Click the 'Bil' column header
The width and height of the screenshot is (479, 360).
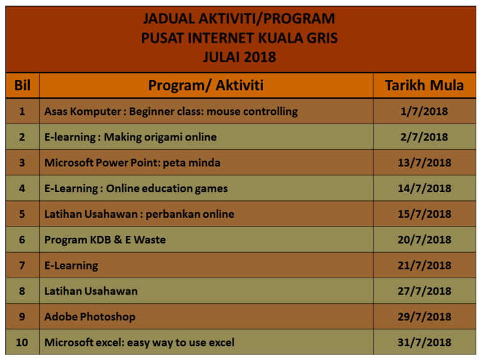pos(22,85)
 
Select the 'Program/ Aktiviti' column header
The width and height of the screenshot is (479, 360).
pos(206,85)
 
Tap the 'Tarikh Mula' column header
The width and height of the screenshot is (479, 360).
pos(424,85)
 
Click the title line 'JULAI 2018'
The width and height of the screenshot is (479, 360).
pos(239,57)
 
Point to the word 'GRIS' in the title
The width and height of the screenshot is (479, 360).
pos(322,38)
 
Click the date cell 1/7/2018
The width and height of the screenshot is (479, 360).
pos(424,112)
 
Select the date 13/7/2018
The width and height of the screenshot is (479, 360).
pos(424,163)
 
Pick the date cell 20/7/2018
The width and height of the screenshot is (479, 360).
pos(424,240)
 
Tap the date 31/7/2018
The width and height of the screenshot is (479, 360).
pos(424,342)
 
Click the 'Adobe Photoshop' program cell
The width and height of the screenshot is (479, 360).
pos(90,316)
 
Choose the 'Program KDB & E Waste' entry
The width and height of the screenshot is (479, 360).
pos(105,240)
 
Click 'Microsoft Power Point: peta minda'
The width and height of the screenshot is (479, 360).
pos(132,163)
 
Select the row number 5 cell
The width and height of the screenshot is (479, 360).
pos(22,214)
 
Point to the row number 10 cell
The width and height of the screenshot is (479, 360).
pos(22,342)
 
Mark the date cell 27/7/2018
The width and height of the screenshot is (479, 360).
pos(424,291)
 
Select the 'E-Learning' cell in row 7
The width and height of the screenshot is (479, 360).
pos(71,265)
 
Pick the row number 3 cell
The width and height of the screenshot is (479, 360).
pos(22,163)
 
